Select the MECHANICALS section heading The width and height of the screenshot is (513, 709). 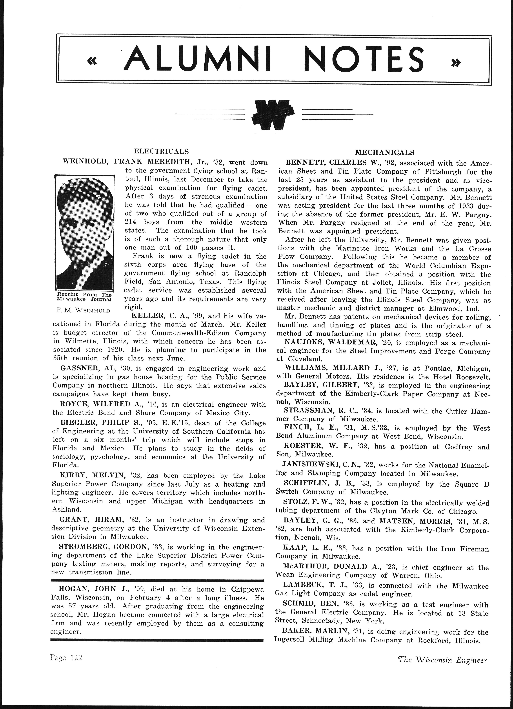[x=385, y=153]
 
